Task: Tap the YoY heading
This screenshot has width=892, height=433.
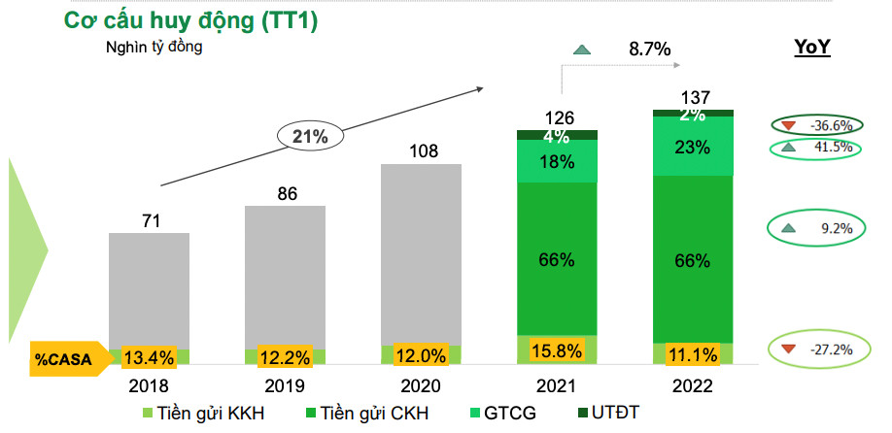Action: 812,47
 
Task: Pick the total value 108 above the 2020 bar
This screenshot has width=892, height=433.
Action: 421,150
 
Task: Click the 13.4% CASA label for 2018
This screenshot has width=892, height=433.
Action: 149,357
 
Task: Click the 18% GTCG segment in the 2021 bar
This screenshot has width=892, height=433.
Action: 557,161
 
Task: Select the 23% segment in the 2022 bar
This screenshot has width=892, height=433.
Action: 693,148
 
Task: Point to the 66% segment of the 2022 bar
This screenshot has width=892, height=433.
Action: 693,259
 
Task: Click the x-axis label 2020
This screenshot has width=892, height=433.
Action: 421,385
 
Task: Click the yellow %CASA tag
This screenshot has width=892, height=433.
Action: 63,358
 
